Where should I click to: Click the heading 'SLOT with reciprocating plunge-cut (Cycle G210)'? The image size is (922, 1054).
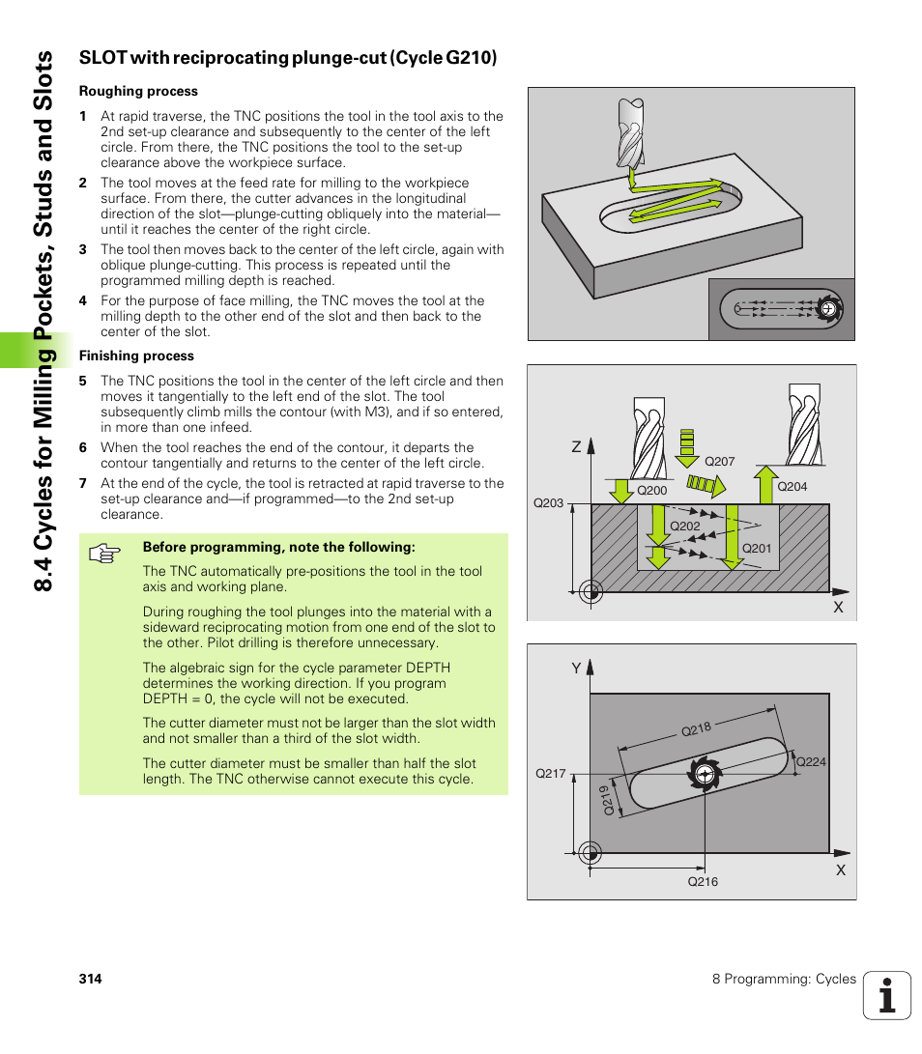288,58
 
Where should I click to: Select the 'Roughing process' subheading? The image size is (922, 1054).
138,92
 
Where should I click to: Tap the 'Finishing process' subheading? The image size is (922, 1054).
136,356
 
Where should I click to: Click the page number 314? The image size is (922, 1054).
90,979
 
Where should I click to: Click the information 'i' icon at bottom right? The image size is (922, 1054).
887,995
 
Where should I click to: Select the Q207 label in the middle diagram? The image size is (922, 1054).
720,462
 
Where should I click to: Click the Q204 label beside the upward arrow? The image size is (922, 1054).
792,487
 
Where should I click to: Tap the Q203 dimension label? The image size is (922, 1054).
548,503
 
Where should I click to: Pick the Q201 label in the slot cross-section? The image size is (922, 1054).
756,549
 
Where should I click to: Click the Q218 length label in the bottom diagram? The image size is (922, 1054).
696,730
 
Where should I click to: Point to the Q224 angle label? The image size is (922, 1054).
811,762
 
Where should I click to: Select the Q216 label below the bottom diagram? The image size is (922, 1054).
703,882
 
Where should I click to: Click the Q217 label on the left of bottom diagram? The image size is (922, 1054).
550,774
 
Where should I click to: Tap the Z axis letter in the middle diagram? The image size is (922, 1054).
576,447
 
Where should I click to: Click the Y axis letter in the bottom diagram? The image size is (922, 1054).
576,669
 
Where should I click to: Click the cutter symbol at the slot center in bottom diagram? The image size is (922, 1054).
705,774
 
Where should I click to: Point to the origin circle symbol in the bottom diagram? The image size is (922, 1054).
590,853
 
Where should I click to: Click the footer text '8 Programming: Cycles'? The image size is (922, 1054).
784,979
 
